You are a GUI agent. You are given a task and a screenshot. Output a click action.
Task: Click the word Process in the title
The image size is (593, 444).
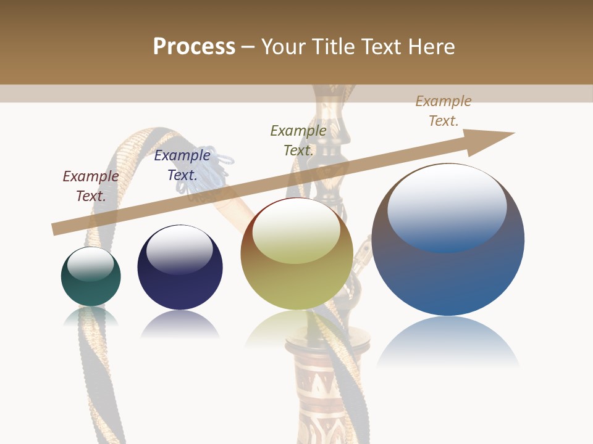point(194,47)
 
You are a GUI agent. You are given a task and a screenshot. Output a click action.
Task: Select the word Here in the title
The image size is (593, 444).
point(432,47)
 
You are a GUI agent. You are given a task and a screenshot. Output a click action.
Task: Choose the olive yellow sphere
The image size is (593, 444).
point(296,284)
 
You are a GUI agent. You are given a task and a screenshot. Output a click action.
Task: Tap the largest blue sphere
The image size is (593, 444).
point(448,277)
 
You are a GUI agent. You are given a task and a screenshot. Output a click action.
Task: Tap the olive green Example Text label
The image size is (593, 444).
point(298,141)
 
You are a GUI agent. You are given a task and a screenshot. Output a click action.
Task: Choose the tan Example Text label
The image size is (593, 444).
point(444,111)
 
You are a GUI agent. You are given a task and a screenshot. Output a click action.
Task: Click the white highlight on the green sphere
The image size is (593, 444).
point(91,264)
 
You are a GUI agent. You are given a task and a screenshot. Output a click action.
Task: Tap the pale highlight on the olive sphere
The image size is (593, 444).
point(296,231)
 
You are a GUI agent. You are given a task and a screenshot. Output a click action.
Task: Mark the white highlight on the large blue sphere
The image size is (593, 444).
point(447,206)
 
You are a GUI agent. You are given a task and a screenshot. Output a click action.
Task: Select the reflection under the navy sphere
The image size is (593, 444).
point(180,324)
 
